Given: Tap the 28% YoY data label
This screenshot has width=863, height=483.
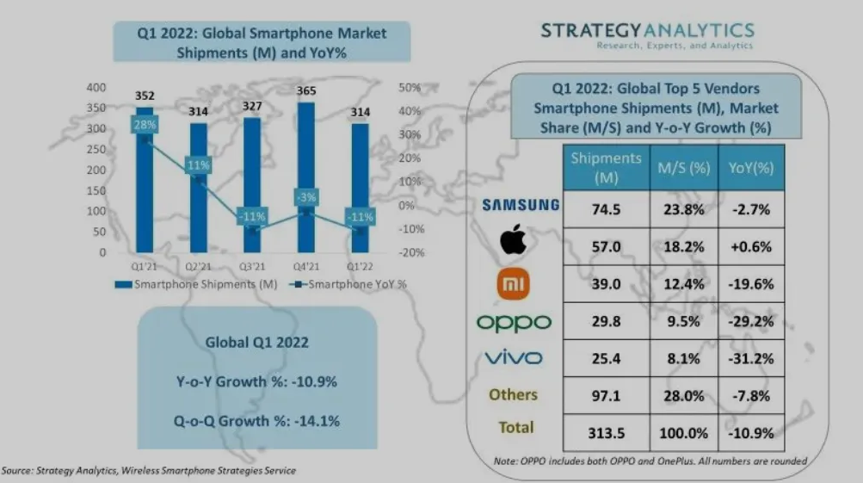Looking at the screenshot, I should pyautogui.click(x=144, y=126).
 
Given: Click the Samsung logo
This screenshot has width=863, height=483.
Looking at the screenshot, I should pyautogui.click(x=520, y=205).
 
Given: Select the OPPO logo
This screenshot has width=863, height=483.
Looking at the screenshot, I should pyautogui.click(x=514, y=322).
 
